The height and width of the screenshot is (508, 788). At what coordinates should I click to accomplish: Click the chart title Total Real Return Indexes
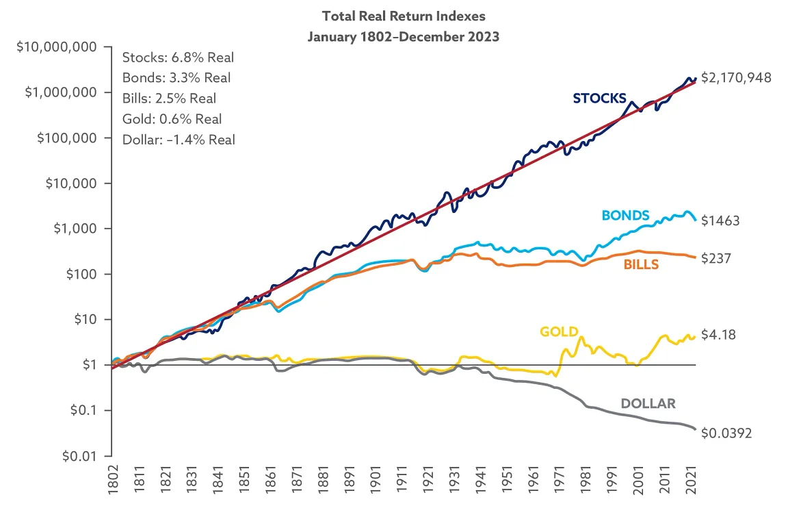click(x=403, y=16)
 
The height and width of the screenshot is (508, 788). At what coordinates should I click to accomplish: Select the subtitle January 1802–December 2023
click(x=403, y=36)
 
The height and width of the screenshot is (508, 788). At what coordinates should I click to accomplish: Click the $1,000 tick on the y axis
click(x=78, y=229)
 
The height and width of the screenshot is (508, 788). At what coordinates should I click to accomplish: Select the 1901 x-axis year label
click(x=373, y=483)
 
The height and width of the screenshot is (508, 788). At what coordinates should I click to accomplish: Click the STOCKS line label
click(x=600, y=98)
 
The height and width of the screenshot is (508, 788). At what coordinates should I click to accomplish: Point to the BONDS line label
click(x=626, y=215)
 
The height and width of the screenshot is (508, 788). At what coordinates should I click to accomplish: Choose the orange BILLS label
click(x=641, y=264)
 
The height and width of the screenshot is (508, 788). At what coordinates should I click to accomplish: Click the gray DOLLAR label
click(x=648, y=403)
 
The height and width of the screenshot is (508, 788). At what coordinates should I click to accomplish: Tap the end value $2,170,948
click(x=736, y=78)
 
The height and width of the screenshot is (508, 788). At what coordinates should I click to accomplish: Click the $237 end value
click(x=717, y=259)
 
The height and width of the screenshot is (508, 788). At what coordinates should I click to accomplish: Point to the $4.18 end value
click(x=719, y=335)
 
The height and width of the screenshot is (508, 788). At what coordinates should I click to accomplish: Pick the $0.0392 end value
click(x=727, y=433)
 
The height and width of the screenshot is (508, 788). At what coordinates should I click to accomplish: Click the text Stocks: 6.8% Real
click(x=178, y=58)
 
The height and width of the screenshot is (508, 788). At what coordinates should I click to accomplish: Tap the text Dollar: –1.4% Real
click(x=179, y=140)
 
